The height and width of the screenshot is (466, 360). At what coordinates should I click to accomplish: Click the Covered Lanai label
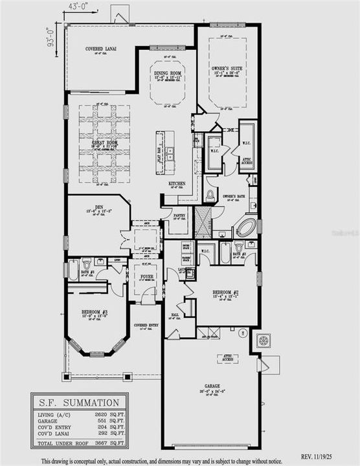click(x=100, y=49)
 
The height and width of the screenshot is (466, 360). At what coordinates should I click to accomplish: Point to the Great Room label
click(x=96, y=144)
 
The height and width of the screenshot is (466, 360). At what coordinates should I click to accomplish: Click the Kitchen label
click(x=177, y=184)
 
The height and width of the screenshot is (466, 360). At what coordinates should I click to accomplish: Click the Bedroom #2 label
click(x=227, y=293)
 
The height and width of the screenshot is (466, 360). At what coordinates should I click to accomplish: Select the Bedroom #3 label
click(x=95, y=312)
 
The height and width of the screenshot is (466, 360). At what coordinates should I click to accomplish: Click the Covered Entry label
click(x=146, y=325)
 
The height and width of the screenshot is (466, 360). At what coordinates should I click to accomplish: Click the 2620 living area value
click(x=96, y=414)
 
